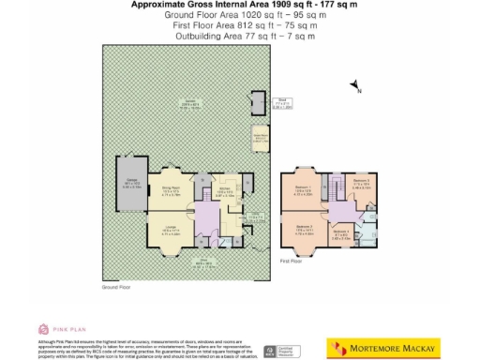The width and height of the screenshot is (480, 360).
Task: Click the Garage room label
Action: point(126,185)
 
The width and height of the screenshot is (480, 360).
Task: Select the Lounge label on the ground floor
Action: point(171,232)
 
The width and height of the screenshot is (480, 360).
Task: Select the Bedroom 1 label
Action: point(302,193)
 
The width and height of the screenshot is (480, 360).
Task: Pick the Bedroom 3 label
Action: point(361,183)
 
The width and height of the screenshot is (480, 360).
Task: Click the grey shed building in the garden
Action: point(257,102)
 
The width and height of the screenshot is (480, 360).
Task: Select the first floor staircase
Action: point(331,193)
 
